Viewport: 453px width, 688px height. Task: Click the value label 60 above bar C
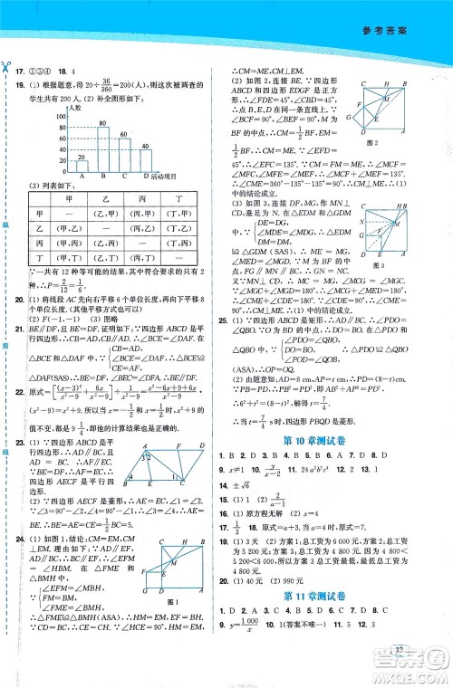click(124, 129)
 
